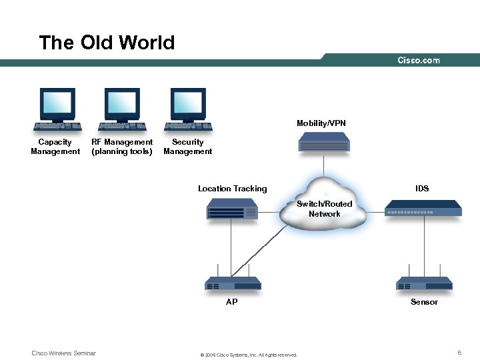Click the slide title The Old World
[x=107, y=43]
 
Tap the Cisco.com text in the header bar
[x=419, y=60]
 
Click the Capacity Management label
[x=55, y=147]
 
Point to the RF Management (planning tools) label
[x=122, y=147]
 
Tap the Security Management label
[x=188, y=147]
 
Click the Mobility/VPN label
[x=321, y=123]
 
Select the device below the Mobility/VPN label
[x=324, y=142]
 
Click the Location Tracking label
[x=232, y=189]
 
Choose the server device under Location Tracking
[x=231, y=211]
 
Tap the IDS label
[x=422, y=189]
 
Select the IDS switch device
[x=423, y=209]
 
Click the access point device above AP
[x=232, y=283]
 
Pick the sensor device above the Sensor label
[x=424, y=283]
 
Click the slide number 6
[x=459, y=352]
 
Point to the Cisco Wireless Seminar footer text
[x=64, y=353]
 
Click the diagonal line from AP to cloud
[x=260, y=251]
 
